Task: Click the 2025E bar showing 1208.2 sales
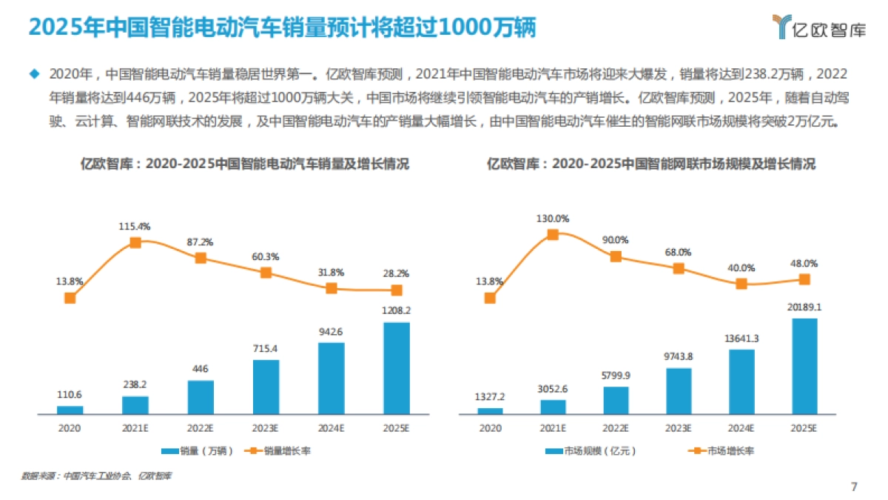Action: (397, 367)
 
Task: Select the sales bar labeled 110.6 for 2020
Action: (70, 409)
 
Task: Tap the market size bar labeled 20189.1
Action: (805, 366)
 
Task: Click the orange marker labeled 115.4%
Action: (135, 242)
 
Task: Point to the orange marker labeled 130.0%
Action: (553, 235)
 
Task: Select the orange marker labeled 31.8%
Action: (332, 288)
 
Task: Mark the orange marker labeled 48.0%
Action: (805, 279)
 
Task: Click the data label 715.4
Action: (266, 348)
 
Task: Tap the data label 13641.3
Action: (742, 338)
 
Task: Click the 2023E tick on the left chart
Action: (266, 428)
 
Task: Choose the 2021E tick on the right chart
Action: (553, 428)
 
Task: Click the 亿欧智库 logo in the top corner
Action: (818, 27)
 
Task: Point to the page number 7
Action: (854, 487)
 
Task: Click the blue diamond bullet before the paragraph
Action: (33, 73)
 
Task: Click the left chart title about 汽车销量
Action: (244, 164)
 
